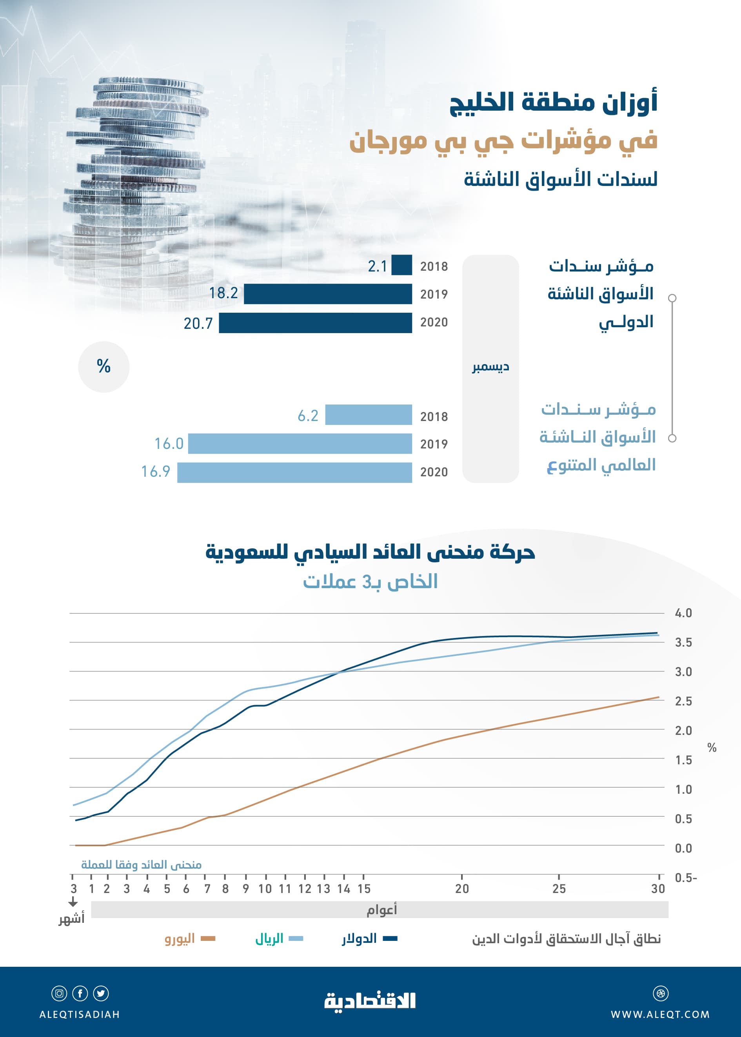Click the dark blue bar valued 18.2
[x=328, y=293]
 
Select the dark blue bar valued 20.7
[x=315, y=323]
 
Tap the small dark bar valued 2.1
[x=401, y=265]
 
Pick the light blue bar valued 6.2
[x=368, y=415]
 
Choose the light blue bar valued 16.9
[x=294, y=472]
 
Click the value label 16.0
[x=169, y=443]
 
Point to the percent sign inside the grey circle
[x=104, y=366]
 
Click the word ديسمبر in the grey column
[x=490, y=367]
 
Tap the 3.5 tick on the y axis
[x=683, y=642]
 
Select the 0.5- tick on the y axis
[x=685, y=878]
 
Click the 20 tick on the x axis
[x=462, y=889]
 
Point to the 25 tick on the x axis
[x=559, y=889]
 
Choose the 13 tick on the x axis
[x=323, y=889]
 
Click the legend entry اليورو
[x=180, y=939]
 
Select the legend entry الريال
[x=269, y=939]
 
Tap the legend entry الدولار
[x=360, y=939]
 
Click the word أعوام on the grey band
[x=381, y=909]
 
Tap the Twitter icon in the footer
[x=101, y=993]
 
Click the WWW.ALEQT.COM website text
[x=660, y=1015]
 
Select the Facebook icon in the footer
[x=80, y=993]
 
